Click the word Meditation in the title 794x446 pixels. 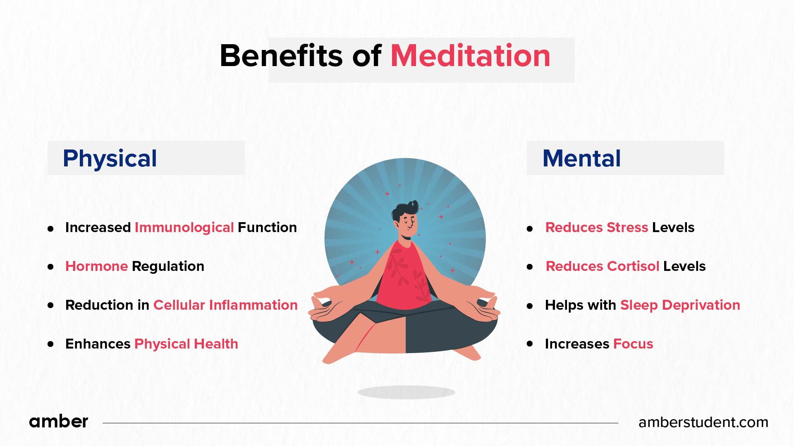(x=470, y=56)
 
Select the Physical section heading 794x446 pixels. (x=110, y=158)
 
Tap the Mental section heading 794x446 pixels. (x=581, y=158)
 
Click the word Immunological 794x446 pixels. (x=184, y=228)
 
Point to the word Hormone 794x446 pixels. (x=96, y=266)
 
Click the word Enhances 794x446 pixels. (x=98, y=344)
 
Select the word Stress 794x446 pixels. (x=627, y=228)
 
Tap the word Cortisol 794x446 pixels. (x=633, y=266)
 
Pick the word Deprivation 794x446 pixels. (x=701, y=305)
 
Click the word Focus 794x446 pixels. (x=633, y=344)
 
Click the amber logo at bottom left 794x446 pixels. (x=58, y=422)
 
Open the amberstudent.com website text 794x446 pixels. (x=703, y=422)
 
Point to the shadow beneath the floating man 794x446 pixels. (x=406, y=392)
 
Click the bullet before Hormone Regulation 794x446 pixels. (x=51, y=267)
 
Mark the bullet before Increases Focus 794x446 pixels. (x=530, y=344)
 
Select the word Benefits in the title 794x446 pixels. (x=281, y=56)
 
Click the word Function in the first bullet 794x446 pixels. (x=267, y=228)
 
